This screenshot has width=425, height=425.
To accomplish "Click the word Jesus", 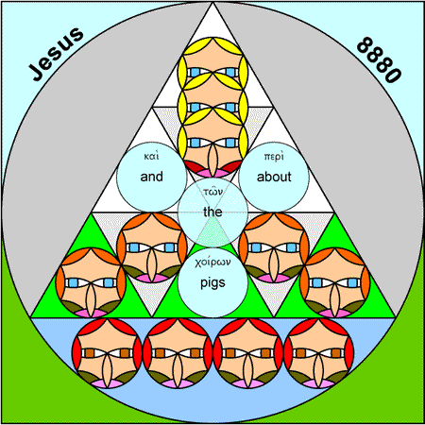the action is pos(56,54).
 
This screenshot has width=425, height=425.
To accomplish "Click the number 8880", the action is pos(379,59).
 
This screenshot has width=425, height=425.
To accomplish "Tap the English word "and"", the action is pos(151,177).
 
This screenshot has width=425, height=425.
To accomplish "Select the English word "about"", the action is pos(274,177).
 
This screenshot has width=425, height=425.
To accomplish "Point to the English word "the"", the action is pos(212,212).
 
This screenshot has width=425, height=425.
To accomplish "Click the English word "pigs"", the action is pos(212,283).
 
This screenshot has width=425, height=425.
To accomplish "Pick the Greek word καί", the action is pos(151,157).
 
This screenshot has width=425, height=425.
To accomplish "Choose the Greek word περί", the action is pos(274,157).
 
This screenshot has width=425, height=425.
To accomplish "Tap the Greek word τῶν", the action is pos(213,191).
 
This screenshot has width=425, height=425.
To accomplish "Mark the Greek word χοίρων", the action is pos(212,263).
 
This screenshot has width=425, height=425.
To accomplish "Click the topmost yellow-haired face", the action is pos(212,72).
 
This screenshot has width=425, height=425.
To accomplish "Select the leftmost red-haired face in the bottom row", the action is pos(107,353).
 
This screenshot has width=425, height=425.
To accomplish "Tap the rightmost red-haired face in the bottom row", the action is pos(318,353).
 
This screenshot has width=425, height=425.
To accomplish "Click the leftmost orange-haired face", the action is pos(91,282).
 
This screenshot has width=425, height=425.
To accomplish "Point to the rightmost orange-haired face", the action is pos(335,282).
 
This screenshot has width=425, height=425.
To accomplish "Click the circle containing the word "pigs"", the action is pos(212,282).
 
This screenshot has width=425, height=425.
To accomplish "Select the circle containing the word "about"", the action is pos(274,177).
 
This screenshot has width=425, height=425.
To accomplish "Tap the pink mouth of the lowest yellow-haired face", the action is pos(212,173).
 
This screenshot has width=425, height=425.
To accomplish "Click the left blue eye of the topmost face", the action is pos(195,73).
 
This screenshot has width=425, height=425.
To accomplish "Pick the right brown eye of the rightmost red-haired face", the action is pos(336,353).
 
